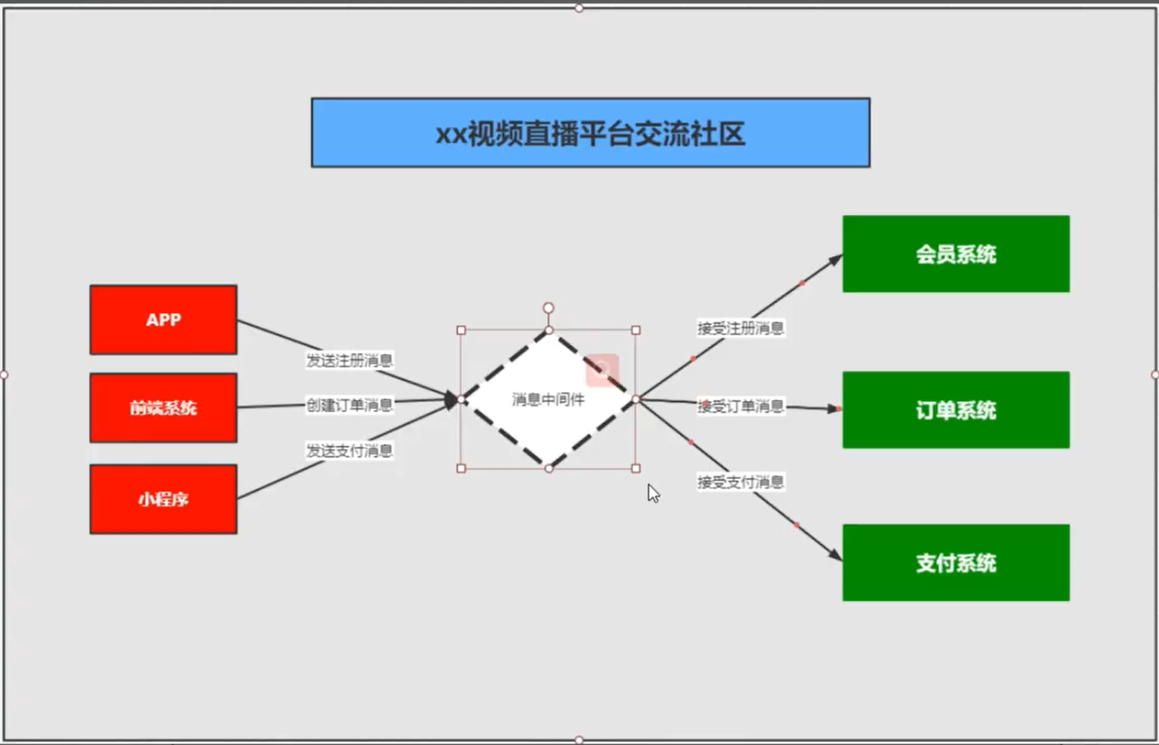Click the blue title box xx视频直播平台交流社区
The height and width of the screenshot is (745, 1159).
590,133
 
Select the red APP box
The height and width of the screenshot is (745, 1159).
163,320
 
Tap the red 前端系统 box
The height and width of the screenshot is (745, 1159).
163,408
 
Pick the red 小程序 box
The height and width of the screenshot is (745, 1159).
163,499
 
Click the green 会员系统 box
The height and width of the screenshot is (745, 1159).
956,254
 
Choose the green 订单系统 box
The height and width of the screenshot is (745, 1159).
956,410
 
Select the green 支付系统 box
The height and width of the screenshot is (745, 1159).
956,563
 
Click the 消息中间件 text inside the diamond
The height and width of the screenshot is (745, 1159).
548,399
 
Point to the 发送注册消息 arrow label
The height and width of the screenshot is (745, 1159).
349,360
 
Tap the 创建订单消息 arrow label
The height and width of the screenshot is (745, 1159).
349,405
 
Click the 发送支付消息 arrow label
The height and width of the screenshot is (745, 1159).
349,450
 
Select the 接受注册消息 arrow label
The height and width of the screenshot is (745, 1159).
740,328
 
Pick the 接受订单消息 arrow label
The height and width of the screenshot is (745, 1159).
740,406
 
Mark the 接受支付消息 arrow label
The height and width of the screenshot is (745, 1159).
740,481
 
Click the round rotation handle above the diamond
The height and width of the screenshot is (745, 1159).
548,308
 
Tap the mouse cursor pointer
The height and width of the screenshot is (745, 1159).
653,493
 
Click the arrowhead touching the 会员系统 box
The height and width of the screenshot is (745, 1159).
835,260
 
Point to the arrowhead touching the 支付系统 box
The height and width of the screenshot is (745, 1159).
835,555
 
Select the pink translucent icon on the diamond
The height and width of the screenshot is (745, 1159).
602,370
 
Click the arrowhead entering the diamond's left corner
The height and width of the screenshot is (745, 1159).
452,399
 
